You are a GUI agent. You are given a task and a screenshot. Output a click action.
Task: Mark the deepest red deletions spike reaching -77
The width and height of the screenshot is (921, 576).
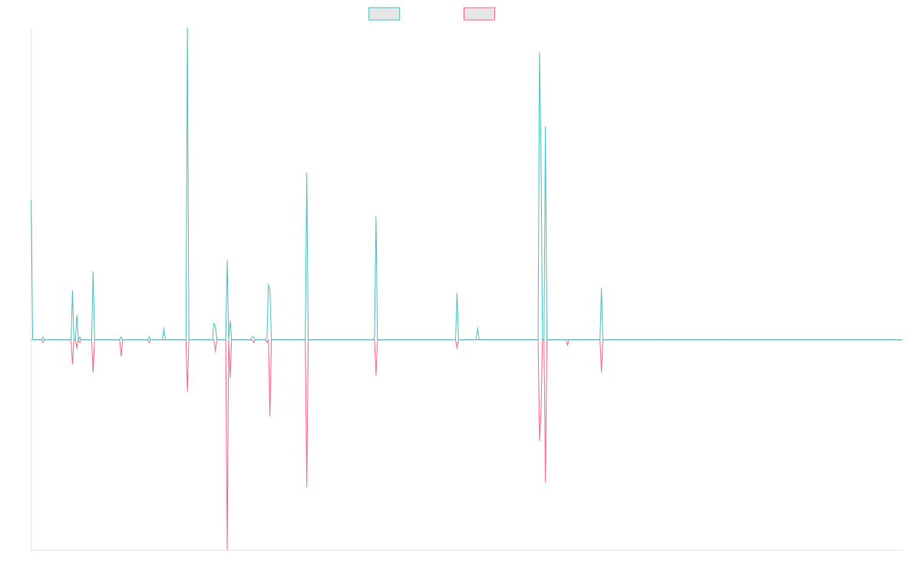[x=227, y=549]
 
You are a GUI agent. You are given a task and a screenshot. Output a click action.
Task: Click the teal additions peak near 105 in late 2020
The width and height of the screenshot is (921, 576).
[x=540, y=54]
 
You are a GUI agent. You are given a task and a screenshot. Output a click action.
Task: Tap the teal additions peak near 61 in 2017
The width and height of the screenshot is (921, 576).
[x=307, y=173]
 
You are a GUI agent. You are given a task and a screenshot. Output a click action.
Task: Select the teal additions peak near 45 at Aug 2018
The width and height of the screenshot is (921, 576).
[x=376, y=217]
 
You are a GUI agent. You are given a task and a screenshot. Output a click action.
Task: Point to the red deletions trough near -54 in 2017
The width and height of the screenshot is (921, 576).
[x=307, y=487]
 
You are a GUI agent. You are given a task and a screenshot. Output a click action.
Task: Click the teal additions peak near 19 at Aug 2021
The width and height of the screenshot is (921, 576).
[x=602, y=288]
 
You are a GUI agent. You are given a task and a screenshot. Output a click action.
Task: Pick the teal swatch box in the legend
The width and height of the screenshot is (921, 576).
[x=385, y=14]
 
